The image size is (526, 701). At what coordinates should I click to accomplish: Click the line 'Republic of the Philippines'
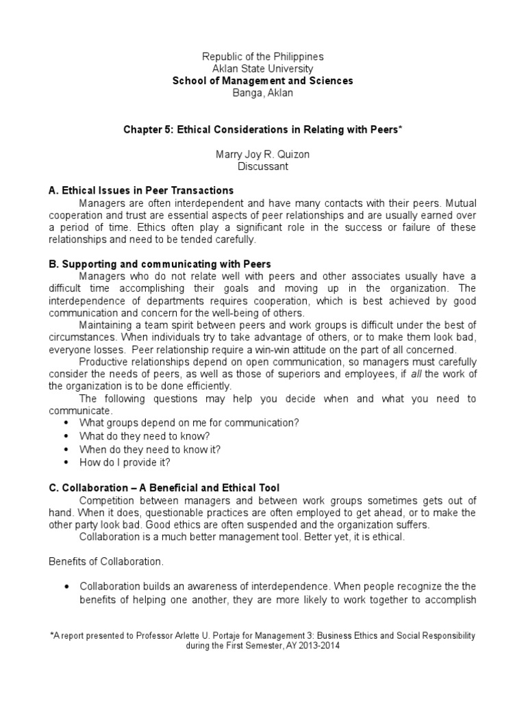point(263,57)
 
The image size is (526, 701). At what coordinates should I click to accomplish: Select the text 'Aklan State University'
point(263,68)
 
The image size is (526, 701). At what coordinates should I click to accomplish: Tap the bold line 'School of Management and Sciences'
point(263,81)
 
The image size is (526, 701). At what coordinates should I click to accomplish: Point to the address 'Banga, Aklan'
point(263,92)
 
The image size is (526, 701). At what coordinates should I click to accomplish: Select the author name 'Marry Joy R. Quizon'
point(263,155)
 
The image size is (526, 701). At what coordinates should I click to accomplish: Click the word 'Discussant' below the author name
point(263,166)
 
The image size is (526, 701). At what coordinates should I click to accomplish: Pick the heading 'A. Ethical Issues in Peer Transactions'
point(141,190)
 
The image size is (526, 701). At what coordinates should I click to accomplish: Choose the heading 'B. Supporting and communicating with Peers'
point(160,264)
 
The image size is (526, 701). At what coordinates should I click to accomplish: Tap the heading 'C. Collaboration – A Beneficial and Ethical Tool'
point(164,488)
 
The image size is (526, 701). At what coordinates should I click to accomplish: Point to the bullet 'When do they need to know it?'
point(150,449)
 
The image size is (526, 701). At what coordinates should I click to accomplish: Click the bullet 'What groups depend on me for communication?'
point(189,423)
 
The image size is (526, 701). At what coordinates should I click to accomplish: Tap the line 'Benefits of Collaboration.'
point(105,561)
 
